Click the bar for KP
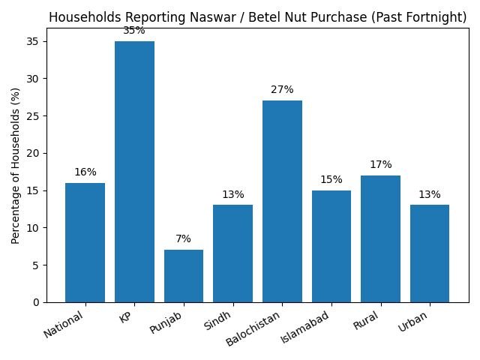pyautogui.click(x=134, y=172)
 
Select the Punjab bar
pyautogui.click(x=184, y=276)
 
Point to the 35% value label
pyautogui.click(x=134, y=31)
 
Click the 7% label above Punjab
pyautogui.click(x=184, y=239)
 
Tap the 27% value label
pyautogui.click(x=282, y=90)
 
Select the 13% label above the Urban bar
pyautogui.click(x=430, y=195)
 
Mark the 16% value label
pyautogui.click(x=85, y=172)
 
